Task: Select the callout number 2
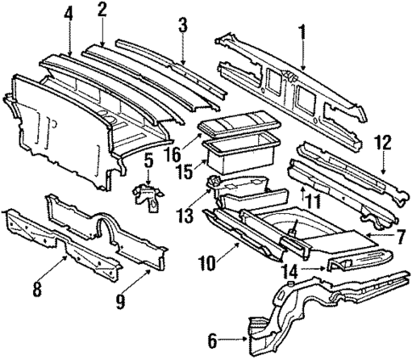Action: [102, 10]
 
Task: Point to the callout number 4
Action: [68, 14]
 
